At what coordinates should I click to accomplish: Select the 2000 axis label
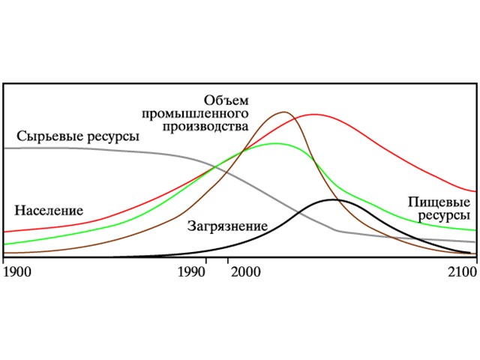coord(244,271)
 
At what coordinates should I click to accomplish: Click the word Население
coord(48,211)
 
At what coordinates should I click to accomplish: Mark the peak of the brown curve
coord(284,112)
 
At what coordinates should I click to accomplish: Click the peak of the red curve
coord(313,115)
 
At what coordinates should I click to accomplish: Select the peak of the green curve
coord(276,143)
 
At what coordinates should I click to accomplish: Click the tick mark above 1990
coord(206,259)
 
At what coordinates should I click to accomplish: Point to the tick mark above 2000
coord(227,259)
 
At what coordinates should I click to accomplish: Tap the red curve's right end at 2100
coord(475,191)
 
